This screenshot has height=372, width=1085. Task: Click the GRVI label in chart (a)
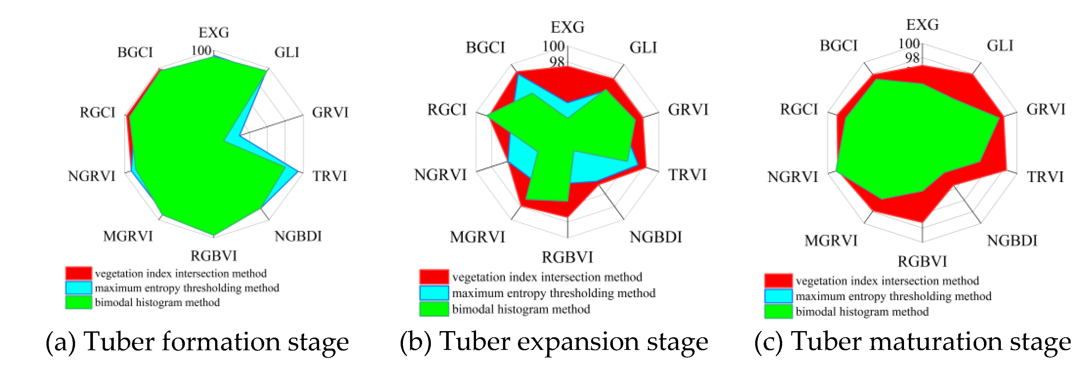click(330, 112)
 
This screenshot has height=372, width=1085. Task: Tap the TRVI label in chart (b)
click(687, 175)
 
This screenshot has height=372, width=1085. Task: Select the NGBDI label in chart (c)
click(1012, 241)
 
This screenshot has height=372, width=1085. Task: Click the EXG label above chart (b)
click(567, 27)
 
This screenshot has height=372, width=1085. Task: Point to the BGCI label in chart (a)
click(135, 53)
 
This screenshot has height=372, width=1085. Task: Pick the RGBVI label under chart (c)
click(922, 262)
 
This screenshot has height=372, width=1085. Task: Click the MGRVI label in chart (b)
click(477, 237)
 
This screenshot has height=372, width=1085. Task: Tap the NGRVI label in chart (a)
click(91, 176)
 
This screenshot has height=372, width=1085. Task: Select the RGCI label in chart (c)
click(799, 109)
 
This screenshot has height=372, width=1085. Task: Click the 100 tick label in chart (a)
click(201, 51)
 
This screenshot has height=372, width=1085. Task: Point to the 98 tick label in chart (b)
click(556, 62)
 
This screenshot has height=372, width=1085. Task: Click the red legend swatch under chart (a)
click(78, 273)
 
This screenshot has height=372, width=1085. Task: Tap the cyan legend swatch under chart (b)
click(434, 293)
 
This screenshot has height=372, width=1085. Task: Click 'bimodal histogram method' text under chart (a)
click(157, 303)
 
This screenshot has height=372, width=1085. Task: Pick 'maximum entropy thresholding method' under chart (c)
click(893, 296)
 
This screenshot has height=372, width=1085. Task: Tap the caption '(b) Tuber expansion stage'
click(553, 342)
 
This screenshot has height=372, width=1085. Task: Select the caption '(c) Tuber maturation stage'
click(912, 342)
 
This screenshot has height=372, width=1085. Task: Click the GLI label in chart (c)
click(1000, 45)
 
